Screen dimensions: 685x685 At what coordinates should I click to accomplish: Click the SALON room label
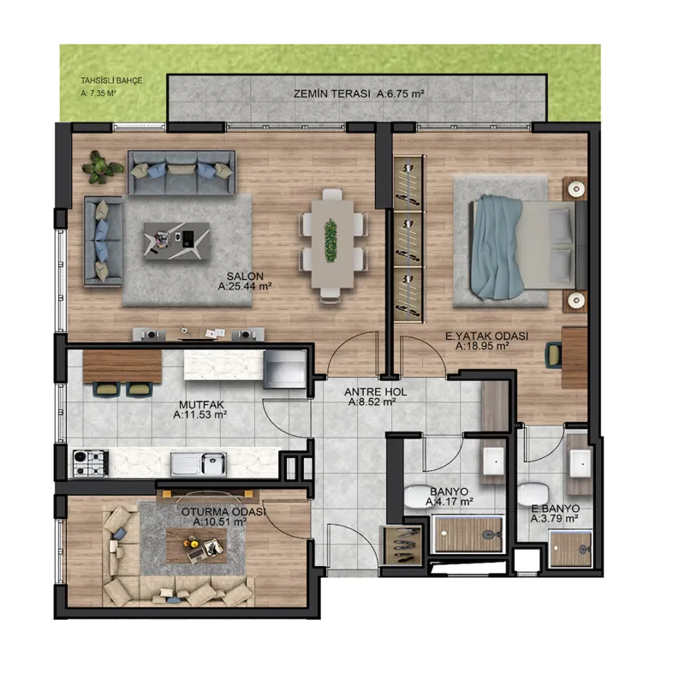pos(245,276)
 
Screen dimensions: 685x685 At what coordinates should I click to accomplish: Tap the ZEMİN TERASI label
pos(331,93)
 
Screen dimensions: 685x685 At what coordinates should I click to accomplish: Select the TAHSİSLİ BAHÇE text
pos(111,80)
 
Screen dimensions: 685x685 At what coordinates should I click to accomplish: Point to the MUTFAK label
pos(201,405)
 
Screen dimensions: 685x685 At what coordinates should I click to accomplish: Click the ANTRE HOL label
pos(375,392)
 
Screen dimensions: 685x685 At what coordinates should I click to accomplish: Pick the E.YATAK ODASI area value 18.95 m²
pos(482,347)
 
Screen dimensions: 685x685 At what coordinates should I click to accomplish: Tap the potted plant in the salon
pos(102,167)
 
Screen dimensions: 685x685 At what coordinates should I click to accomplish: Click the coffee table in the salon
pos(176,241)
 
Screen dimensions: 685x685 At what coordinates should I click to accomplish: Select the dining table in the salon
pos(332,244)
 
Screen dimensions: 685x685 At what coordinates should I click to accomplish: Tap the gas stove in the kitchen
pos(91,463)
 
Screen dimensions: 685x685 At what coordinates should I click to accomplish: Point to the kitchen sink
pos(199,463)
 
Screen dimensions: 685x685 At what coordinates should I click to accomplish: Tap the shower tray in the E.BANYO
pos(570,549)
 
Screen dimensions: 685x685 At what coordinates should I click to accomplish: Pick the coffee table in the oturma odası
pos(196,545)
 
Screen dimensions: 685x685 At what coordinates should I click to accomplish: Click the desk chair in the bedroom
pos(553,354)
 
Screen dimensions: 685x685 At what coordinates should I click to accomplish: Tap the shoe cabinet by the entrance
pos(402,545)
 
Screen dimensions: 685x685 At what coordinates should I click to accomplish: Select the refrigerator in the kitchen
pos(284,370)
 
